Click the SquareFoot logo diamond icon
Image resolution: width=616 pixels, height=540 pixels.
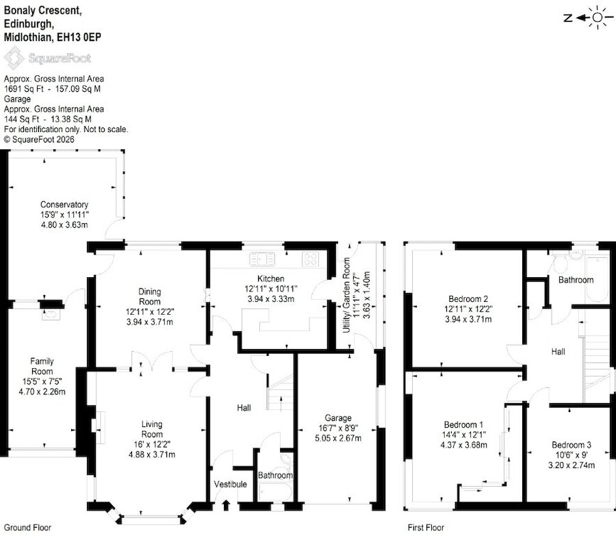coord(14,58)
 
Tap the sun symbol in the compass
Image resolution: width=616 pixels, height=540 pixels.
coord(598,17)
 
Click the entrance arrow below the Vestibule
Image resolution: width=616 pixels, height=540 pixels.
coord(226,504)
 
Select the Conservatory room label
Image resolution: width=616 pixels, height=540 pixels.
coord(64,205)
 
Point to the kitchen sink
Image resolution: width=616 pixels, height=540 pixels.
coord(262,259)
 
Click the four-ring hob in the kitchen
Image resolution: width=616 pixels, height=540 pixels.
coord(310,259)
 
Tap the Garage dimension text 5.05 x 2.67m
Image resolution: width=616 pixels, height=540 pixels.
coord(338,438)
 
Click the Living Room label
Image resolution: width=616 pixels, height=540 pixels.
coord(152,429)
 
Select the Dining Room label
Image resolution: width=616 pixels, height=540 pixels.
coord(150,296)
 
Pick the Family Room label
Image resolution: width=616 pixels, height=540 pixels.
coord(42,366)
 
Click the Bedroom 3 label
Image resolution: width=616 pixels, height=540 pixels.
coord(572,445)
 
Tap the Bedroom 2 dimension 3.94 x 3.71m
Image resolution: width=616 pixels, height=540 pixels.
coord(468,320)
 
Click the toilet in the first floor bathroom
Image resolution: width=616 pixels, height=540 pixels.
coord(559,263)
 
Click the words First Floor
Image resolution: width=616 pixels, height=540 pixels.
coord(426,528)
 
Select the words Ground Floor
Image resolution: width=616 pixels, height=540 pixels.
coord(27,528)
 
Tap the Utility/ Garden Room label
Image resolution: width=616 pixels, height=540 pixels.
coord(346,295)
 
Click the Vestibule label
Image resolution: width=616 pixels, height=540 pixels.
coord(231,485)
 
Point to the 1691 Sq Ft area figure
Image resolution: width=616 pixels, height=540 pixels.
coord(23,89)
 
